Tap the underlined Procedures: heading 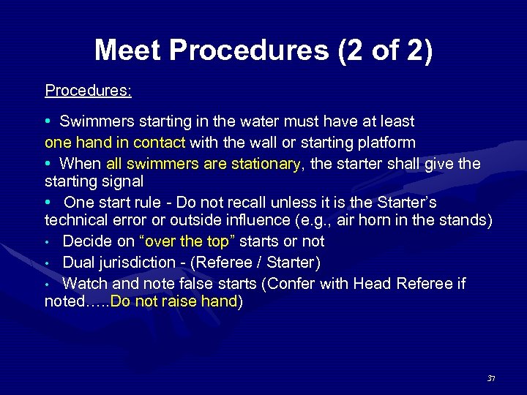88,91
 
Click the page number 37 491,378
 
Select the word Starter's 424,201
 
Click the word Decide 87,241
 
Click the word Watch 84,283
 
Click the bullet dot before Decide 48,241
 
